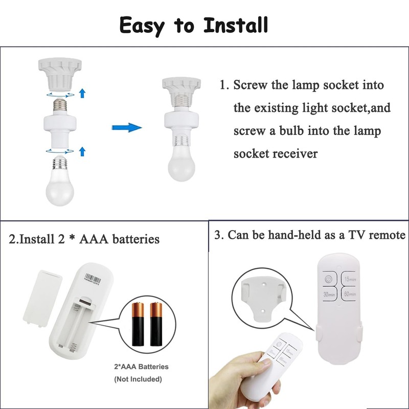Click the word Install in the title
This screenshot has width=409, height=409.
236,24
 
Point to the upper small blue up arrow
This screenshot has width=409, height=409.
82,93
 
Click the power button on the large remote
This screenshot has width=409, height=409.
328,279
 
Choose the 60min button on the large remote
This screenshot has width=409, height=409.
350,294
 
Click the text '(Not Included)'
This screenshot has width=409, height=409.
138,379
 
